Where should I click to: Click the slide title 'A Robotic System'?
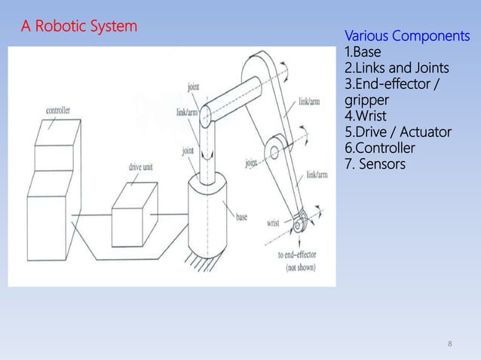pyautogui.click(x=79, y=27)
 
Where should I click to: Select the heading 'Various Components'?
pyautogui.click(x=406, y=37)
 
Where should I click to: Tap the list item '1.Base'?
pyautogui.click(x=363, y=53)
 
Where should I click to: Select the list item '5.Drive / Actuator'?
pyautogui.click(x=397, y=133)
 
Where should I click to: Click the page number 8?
pyautogui.click(x=450, y=344)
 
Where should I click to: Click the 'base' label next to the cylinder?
pyautogui.click(x=241, y=217)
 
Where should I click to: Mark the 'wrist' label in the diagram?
pyautogui.click(x=275, y=223)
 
